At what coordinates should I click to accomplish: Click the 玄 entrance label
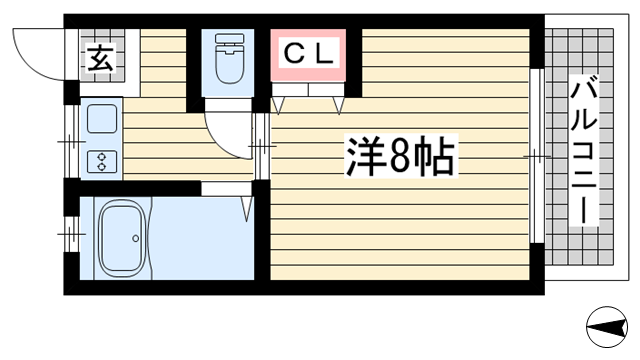(x=100, y=58)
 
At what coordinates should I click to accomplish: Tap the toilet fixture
(x=229, y=59)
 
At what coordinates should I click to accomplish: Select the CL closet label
(x=309, y=54)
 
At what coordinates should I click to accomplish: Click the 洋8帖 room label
(x=401, y=156)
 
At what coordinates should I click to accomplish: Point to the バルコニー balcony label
(x=584, y=150)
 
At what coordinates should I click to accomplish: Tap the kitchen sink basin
(x=102, y=119)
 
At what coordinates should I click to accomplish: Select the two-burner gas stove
(x=102, y=161)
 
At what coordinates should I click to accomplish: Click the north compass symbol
(x=607, y=327)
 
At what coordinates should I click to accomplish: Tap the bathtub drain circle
(x=136, y=238)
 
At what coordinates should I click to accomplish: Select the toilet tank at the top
(x=229, y=40)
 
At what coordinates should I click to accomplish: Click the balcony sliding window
(x=536, y=156)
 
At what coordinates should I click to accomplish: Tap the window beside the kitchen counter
(x=72, y=142)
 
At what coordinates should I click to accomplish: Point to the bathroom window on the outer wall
(x=72, y=234)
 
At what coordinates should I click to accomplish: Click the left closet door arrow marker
(x=278, y=105)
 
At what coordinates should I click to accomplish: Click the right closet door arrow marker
(x=338, y=105)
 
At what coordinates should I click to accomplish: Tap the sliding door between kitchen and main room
(x=262, y=146)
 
